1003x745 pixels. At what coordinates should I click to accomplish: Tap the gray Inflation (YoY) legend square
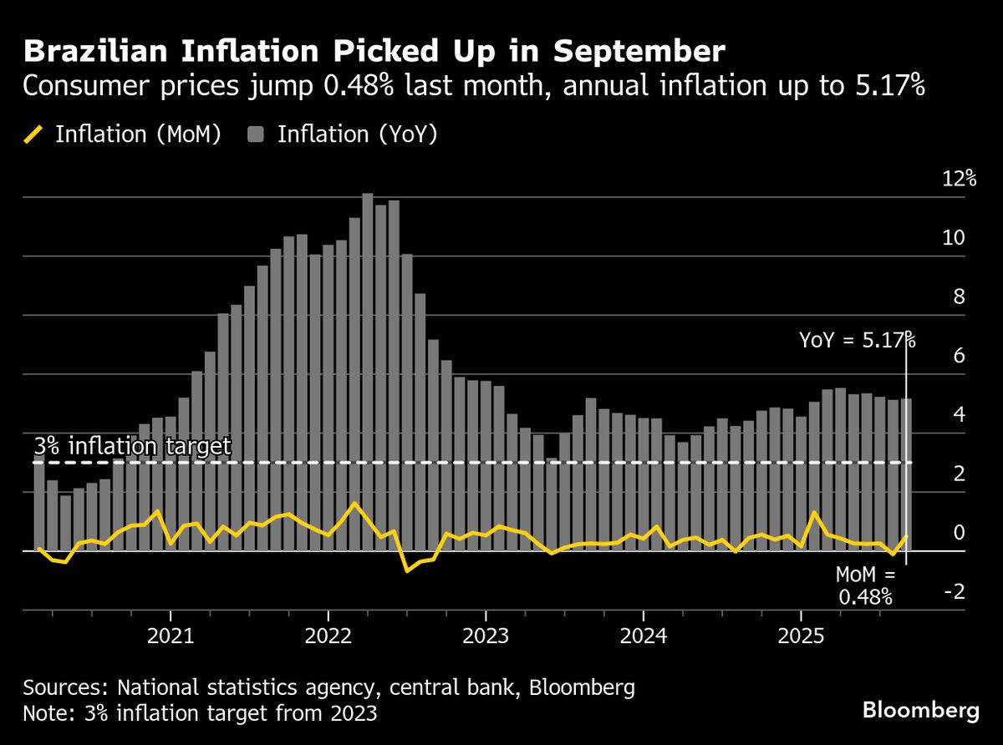pyautogui.click(x=257, y=135)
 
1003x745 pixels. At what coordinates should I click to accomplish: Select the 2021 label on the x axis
pyautogui.click(x=171, y=637)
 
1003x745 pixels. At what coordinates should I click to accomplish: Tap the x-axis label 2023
pyautogui.click(x=486, y=637)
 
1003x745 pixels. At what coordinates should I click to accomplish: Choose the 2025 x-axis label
pyautogui.click(x=801, y=637)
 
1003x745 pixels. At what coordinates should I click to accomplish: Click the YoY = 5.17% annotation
pyautogui.click(x=857, y=340)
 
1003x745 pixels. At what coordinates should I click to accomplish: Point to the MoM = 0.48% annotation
pyautogui.click(x=865, y=585)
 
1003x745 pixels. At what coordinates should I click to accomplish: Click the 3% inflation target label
pyautogui.click(x=132, y=447)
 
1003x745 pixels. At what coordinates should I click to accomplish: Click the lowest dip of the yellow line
pyautogui.click(x=407, y=570)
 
